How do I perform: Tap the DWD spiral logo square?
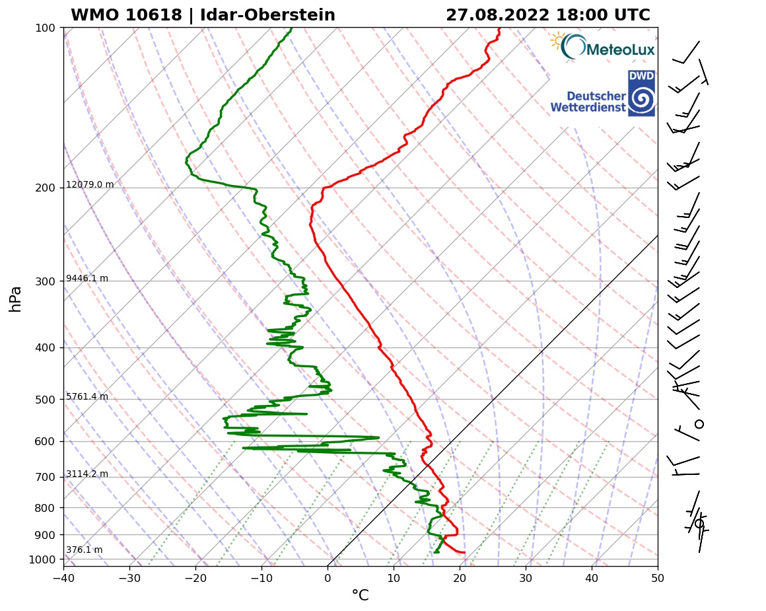pyautogui.click(x=641, y=93)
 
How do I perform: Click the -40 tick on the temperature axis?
pyautogui.click(x=63, y=579)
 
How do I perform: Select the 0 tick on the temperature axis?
pyautogui.click(x=328, y=579)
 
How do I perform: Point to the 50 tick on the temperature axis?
pyautogui.click(x=658, y=579)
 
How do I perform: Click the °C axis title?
pyautogui.click(x=360, y=596)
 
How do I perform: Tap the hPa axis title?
pyautogui.click(x=16, y=299)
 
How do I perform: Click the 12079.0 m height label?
pyautogui.click(x=90, y=185)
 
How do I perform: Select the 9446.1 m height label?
pyautogui.click(x=87, y=279)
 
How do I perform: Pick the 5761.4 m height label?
pyautogui.click(x=87, y=397)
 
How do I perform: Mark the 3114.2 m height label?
pyautogui.click(x=87, y=474)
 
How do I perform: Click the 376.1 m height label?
pyautogui.click(x=85, y=550)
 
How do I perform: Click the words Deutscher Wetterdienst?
pyautogui.click(x=588, y=101)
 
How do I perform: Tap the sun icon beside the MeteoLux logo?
pyautogui.click(x=559, y=41)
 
